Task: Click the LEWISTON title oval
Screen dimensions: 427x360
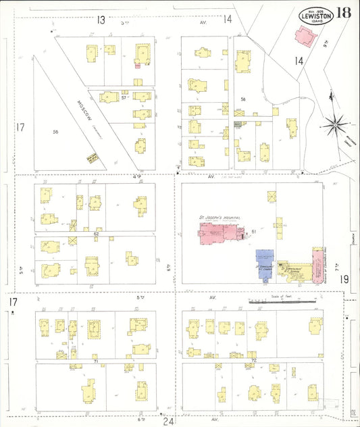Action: [315, 15]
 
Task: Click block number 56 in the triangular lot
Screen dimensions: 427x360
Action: [55, 132]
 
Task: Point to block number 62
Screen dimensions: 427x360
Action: [96, 234]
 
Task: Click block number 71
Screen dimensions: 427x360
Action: [96, 362]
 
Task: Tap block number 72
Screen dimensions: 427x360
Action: [253, 361]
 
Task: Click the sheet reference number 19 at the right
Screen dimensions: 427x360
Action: [344, 278]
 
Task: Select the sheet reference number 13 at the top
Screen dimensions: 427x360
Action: [101, 20]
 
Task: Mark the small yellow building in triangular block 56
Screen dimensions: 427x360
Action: [93, 157]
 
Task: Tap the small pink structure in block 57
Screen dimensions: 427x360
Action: [137, 65]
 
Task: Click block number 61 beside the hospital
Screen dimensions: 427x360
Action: [254, 232]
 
